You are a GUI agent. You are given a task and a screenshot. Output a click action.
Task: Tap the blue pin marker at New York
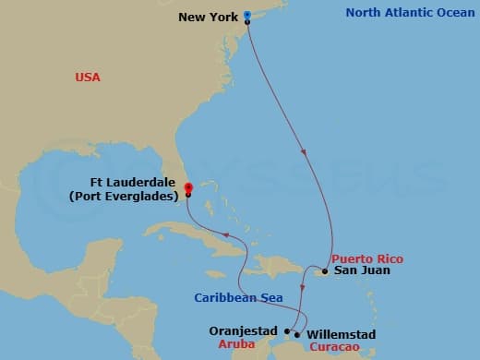[247, 16]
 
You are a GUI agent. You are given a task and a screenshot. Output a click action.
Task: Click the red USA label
[88, 78]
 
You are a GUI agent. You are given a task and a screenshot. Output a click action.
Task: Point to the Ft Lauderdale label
[138, 183]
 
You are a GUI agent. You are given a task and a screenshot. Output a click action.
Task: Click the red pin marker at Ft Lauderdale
[187, 186]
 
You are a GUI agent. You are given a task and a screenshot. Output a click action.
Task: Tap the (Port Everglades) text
[125, 196]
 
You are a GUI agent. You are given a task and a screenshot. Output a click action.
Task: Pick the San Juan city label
[362, 270]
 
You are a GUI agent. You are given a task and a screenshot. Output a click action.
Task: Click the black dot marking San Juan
[325, 271]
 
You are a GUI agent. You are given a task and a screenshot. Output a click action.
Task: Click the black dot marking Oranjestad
[287, 330]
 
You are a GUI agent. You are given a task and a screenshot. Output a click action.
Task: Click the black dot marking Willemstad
[296, 333]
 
